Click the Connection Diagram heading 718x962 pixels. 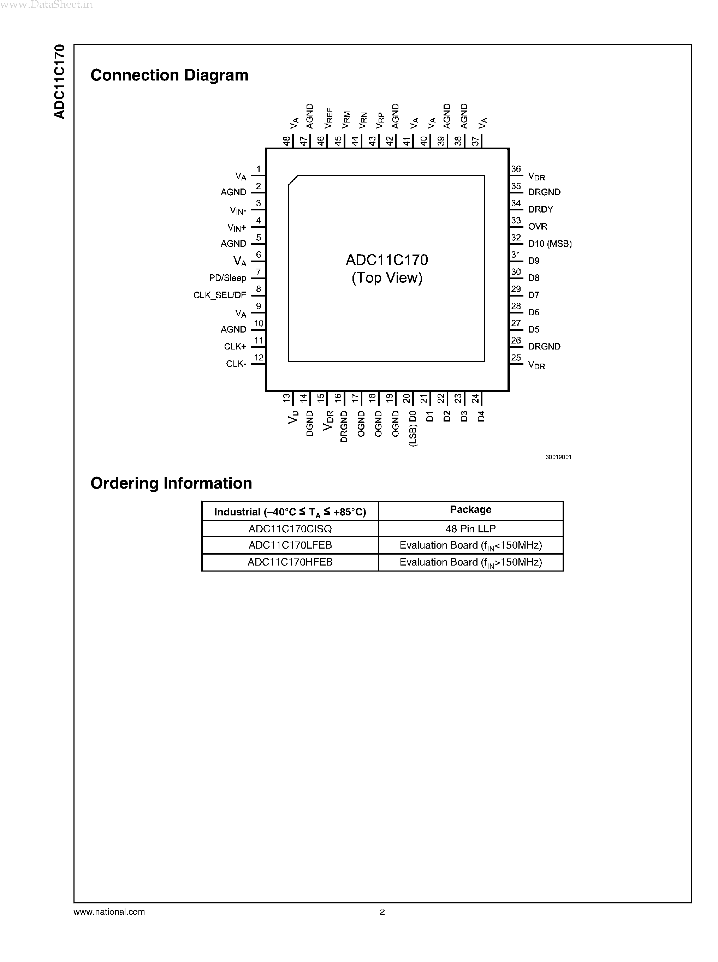pyautogui.click(x=169, y=75)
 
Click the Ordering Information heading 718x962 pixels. pyautogui.click(x=171, y=483)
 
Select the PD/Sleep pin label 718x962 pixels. pyautogui.click(x=227, y=278)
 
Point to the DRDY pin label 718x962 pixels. pyautogui.click(x=540, y=209)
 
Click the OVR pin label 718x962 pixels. pyautogui.click(x=537, y=226)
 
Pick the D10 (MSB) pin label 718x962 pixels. pyautogui.click(x=550, y=244)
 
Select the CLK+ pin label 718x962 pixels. pyautogui.click(x=235, y=347)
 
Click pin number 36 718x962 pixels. pyautogui.click(x=516, y=169)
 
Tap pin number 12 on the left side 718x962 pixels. pyautogui.click(x=259, y=358)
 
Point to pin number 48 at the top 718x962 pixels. pyautogui.click(x=286, y=141)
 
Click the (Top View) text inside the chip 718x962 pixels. pyautogui.click(x=387, y=278)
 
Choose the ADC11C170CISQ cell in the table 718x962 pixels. pyautogui.click(x=290, y=529)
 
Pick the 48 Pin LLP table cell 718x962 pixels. pyautogui.click(x=470, y=529)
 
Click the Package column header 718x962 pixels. pyautogui.click(x=470, y=510)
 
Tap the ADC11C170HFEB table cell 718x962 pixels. pyautogui.click(x=290, y=562)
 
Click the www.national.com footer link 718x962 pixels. pyautogui.click(x=109, y=912)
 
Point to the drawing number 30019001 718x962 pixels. pyautogui.click(x=558, y=457)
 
